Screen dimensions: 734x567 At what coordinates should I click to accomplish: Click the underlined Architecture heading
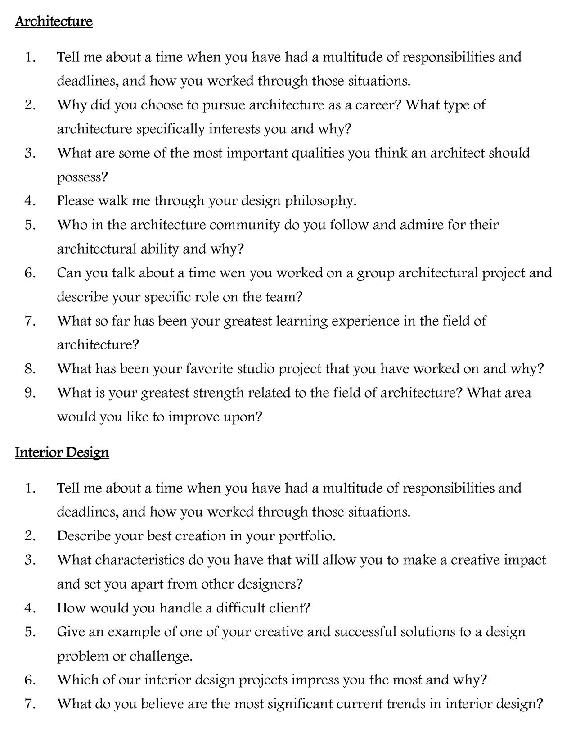pos(54,22)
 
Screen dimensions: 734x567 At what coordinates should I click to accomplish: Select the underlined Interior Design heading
pos(62,452)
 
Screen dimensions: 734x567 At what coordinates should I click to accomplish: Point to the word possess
pos(82,177)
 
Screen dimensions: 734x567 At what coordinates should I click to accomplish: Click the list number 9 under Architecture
pos(30,393)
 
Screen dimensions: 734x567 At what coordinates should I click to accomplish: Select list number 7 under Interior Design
pos(30,703)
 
